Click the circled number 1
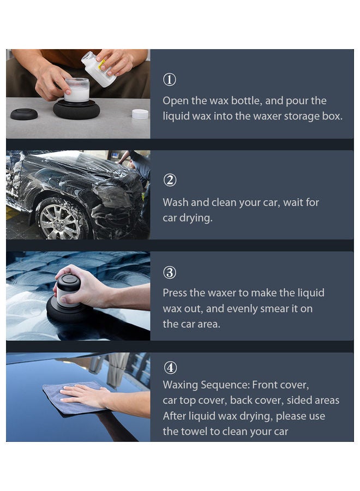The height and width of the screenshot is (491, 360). tap(170, 80)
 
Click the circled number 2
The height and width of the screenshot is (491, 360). tap(170, 181)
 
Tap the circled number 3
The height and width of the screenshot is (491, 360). tap(170, 273)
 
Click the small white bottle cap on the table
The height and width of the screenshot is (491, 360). tap(140, 114)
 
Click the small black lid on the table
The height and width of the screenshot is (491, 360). tap(24, 114)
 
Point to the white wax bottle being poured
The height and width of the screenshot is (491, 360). tap(99, 69)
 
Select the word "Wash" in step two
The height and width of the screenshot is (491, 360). tap(176, 202)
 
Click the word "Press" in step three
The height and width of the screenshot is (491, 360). tap(176, 293)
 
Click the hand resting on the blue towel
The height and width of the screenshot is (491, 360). tap(85, 395)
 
